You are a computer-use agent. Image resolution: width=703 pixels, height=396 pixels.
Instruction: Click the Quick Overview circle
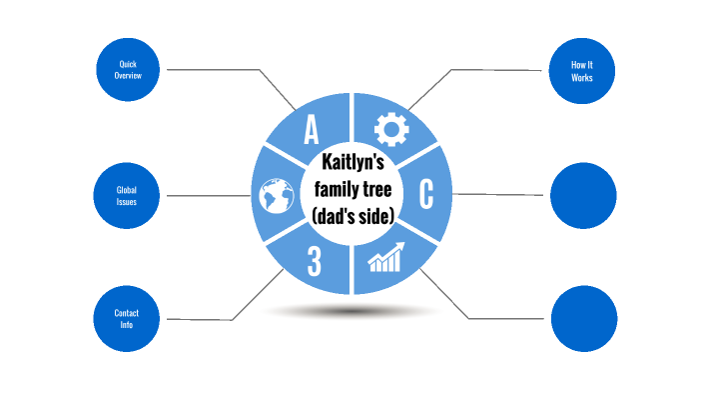point(128,69)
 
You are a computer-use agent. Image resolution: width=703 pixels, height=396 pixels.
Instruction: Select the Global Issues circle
point(128,195)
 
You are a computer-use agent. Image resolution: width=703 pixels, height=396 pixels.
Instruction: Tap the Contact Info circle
point(128,319)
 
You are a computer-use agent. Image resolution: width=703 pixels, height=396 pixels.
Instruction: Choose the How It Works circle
point(582,69)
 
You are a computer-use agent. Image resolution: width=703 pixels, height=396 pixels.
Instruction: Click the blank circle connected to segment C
point(582,195)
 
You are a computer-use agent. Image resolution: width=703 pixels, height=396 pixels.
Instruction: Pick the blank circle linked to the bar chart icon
point(582,319)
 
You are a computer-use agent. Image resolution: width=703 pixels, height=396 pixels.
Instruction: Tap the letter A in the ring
point(311,129)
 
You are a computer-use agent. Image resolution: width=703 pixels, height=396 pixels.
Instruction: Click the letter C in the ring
point(425,195)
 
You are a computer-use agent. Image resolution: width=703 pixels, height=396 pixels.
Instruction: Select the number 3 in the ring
point(314,262)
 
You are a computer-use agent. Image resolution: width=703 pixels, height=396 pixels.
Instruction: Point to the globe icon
point(273,196)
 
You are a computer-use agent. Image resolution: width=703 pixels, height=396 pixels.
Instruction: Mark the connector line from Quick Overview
point(215,70)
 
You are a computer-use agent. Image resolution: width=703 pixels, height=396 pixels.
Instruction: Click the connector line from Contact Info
point(200,320)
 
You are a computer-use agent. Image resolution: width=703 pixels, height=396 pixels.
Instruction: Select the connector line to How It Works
point(499,70)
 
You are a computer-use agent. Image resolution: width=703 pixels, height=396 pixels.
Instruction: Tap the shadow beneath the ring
point(349,311)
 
